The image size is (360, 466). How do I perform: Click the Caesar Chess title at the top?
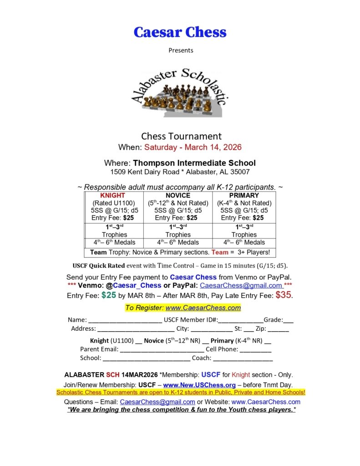[180, 32]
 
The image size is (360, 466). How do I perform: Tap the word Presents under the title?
[181, 50]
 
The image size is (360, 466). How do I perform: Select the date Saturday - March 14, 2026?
[193, 147]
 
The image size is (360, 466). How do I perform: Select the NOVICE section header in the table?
[178, 196]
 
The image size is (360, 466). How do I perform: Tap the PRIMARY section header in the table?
[244, 196]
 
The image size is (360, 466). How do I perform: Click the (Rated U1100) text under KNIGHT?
[114, 203]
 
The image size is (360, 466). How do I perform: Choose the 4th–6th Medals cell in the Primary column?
[244, 242]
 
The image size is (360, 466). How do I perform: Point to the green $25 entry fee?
[108, 295]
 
